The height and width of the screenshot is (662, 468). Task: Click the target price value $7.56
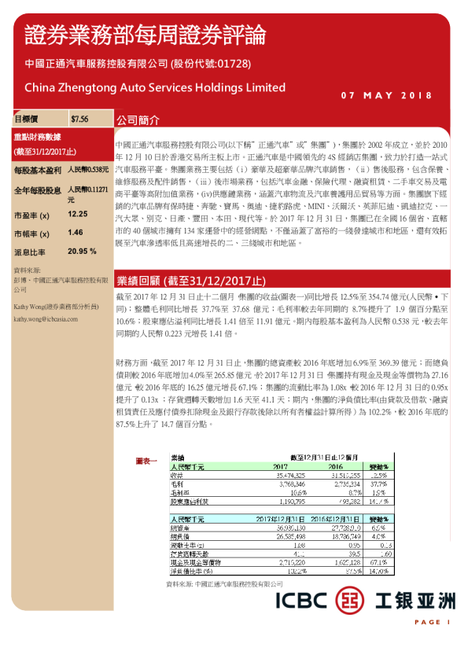point(79,120)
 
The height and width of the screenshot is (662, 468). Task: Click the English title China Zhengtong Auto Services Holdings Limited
point(155,87)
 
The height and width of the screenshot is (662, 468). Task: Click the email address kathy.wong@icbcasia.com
point(47,320)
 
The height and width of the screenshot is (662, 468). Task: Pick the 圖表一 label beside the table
point(147,459)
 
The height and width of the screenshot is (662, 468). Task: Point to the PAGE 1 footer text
point(432,622)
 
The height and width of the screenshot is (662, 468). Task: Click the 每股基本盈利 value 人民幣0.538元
point(87,170)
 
